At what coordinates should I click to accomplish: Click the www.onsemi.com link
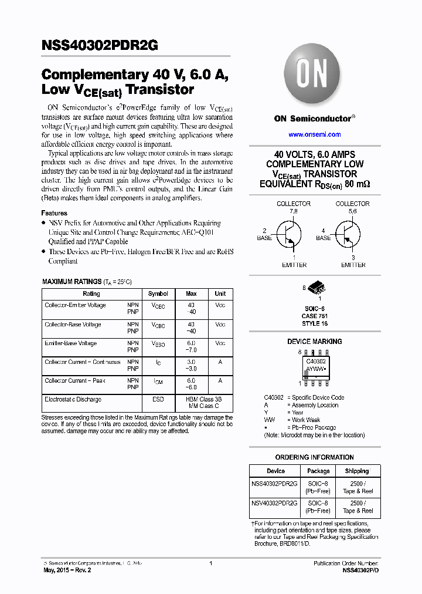point(315,134)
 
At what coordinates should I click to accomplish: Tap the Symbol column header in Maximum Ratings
point(158,293)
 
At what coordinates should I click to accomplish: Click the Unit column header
point(220,293)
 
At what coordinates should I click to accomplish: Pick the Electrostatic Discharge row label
point(73,400)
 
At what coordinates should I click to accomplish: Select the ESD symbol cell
point(158,400)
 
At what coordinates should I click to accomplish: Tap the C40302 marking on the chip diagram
point(316,362)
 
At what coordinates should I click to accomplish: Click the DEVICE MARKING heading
point(315,342)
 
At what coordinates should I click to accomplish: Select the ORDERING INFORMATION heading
point(315,457)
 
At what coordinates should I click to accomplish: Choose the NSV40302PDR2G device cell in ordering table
point(275,504)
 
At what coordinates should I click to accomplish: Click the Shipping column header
point(357,471)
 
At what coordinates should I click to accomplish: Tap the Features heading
point(54,213)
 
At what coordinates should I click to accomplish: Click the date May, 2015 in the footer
point(59,570)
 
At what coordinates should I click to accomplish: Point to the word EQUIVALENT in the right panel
point(283,184)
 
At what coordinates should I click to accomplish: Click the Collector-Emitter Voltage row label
point(75,305)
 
